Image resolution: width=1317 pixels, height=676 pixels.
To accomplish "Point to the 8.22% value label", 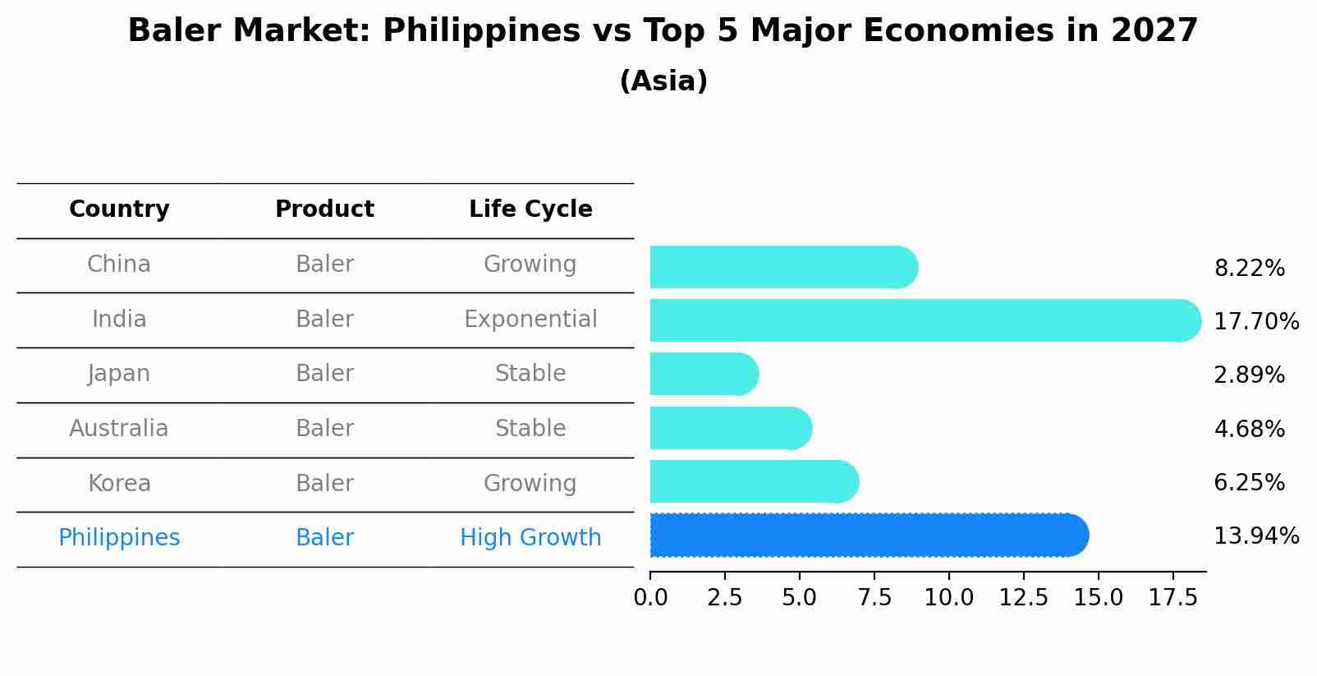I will (1249, 269).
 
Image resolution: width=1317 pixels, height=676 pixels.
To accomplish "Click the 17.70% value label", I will (1256, 321).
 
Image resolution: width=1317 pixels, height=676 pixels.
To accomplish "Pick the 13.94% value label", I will (1256, 536).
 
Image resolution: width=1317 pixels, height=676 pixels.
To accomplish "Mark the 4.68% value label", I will (1249, 429).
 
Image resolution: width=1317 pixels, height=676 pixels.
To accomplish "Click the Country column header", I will (119, 209).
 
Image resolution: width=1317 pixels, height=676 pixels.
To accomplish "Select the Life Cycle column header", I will (530, 209).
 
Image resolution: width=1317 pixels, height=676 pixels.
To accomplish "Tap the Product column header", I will (324, 209).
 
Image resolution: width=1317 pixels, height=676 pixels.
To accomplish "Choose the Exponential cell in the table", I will (530, 320).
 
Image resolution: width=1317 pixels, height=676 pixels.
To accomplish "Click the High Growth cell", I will (530, 538).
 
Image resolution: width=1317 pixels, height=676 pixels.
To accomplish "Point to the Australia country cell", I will (119, 429).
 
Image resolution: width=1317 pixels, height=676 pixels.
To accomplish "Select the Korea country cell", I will (119, 484).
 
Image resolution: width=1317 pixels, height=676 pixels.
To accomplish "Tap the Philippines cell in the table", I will (119, 538).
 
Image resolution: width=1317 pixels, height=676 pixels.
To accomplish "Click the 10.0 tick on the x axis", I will (949, 598).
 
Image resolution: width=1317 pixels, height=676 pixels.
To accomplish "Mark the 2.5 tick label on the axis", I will (725, 598).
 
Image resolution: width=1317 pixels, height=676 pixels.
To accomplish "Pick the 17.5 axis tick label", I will (1173, 598).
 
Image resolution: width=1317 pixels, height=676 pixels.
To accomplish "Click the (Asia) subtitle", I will (663, 81).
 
